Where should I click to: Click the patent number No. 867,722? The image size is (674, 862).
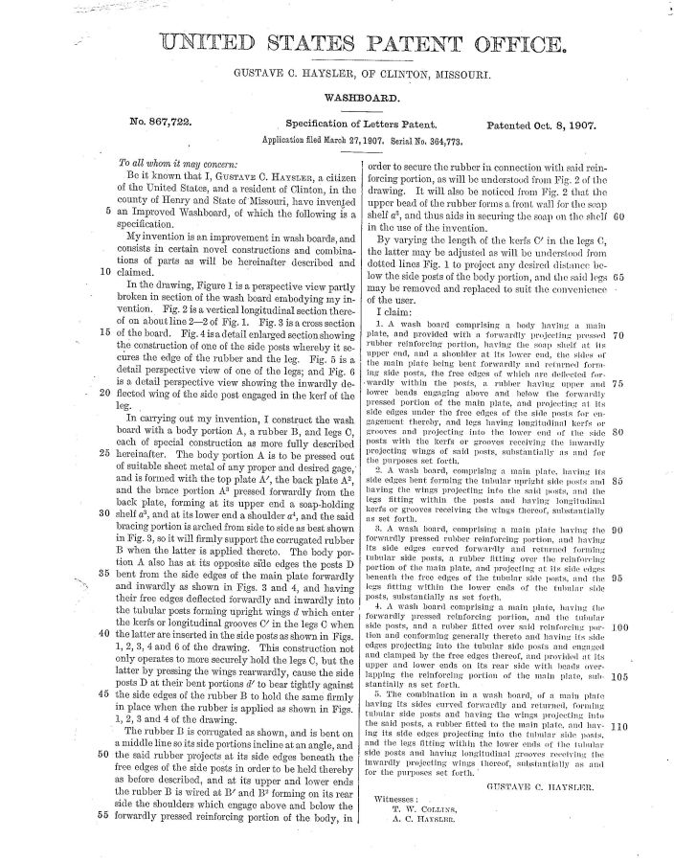pos(166,125)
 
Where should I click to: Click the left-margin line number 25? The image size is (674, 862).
pos(101,451)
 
